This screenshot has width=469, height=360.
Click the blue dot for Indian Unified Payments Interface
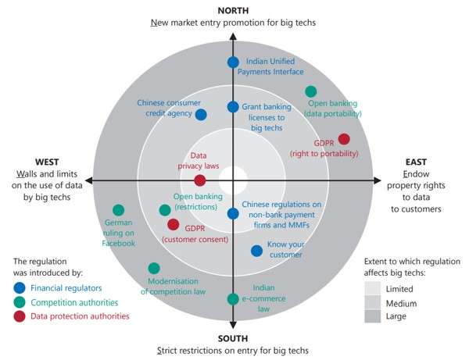[x=232, y=62]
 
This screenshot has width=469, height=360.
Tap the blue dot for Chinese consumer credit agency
[x=201, y=115]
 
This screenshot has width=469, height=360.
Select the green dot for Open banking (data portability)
[x=311, y=91]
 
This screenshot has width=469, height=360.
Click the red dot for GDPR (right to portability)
[x=344, y=139]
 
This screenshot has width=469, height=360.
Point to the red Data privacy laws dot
[x=200, y=180]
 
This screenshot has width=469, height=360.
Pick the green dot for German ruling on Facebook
[x=119, y=209]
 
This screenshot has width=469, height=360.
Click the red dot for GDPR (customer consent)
[x=173, y=225]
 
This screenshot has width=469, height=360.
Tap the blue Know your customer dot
[x=256, y=251]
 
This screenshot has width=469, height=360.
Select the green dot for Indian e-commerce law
[x=232, y=299]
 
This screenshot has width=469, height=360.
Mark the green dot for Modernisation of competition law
[x=153, y=268]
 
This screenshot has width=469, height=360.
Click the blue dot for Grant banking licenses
[x=232, y=107]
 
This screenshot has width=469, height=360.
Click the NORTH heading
[x=234, y=9]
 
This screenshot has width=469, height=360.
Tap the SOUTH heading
[x=233, y=338]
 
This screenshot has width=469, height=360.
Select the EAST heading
[x=417, y=162]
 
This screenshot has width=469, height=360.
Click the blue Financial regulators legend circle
[x=20, y=287]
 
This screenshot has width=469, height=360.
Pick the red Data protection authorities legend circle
[x=20, y=316]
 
